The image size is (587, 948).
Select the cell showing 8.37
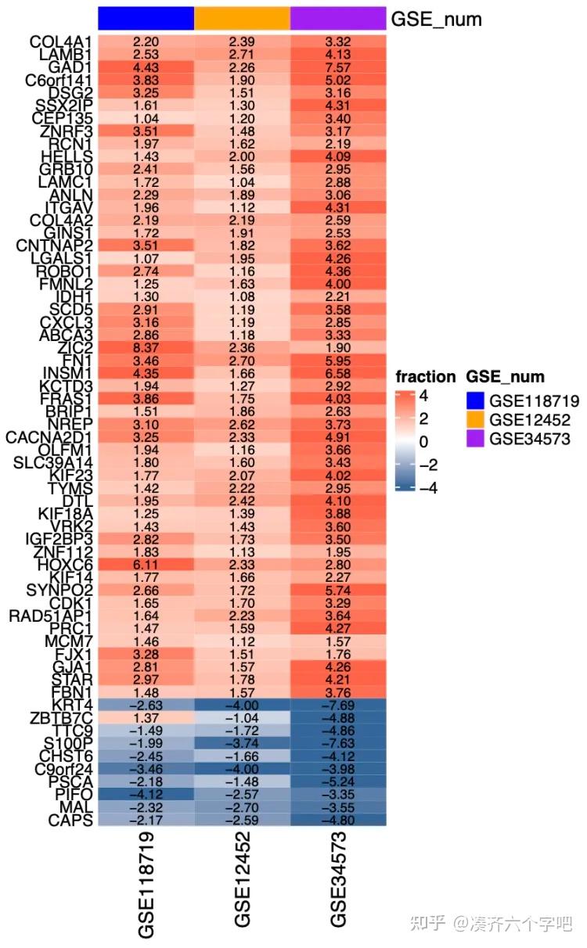click(x=146, y=349)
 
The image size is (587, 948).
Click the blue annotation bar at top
click(x=146, y=18)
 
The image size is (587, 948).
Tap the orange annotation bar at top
click(x=242, y=18)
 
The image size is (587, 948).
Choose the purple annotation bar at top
click(x=338, y=18)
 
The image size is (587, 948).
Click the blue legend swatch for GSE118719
click(x=474, y=401)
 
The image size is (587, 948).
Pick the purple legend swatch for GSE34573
click(x=474, y=439)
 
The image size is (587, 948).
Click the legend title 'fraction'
click(x=425, y=377)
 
